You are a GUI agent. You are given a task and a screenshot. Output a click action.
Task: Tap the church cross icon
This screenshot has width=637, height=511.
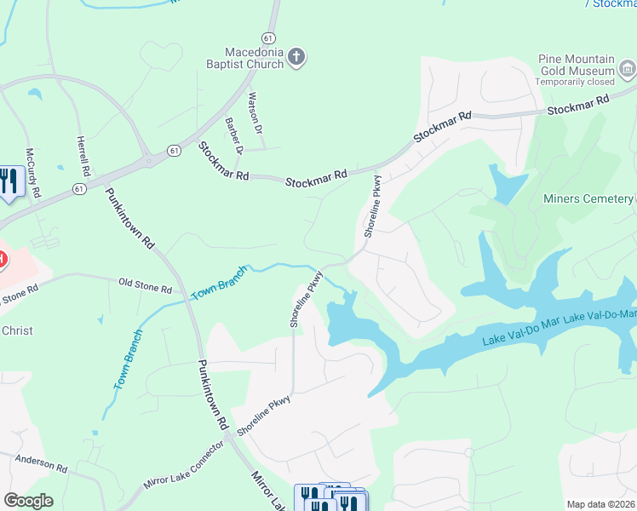[296, 57]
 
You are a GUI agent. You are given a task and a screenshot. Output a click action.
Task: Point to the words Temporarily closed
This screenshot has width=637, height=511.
[575, 82]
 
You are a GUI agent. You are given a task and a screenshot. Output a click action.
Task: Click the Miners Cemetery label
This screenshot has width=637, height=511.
[588, 199]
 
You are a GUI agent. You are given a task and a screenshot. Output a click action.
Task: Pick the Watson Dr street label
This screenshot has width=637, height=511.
[254, 113]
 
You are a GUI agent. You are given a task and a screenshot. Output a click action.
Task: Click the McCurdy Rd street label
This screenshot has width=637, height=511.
[32, 173]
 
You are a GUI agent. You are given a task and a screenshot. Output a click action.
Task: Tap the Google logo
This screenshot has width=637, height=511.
[28, 501]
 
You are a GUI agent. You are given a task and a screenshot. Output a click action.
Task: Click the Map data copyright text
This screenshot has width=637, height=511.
[601, 504]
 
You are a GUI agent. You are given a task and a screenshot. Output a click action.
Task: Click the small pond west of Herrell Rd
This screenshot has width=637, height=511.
[34, 94]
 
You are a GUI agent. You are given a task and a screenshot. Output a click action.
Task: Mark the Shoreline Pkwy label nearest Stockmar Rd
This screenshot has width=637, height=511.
[372, 207]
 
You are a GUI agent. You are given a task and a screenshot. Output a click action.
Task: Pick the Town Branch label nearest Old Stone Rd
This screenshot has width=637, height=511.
[219, 283]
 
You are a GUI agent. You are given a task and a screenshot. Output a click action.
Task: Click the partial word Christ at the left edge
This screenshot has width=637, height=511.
[16, 330]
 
